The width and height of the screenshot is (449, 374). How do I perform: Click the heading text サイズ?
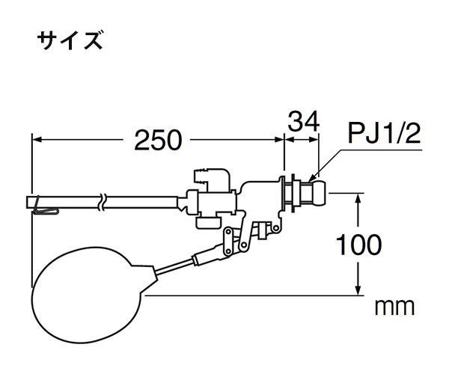(x=70, y=41)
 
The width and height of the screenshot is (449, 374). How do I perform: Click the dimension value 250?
(x=158, y=140)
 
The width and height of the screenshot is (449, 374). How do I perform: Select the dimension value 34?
(x=304, y=121)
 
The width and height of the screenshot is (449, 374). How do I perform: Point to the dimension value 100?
(x=358, y=245)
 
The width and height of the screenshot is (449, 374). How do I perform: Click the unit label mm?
(x=394, y=307)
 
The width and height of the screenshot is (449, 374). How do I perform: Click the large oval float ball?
(x=89, y=295)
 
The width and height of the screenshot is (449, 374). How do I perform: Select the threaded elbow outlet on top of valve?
(x=211, y=180)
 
